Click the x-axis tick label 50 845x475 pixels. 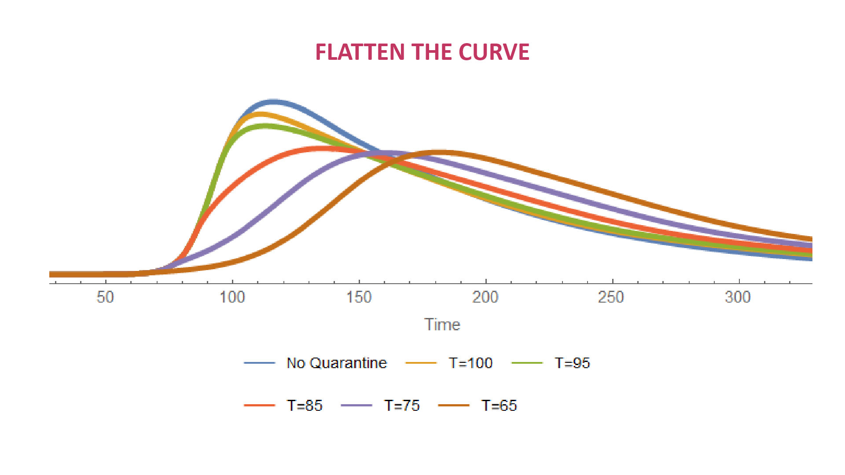(106, 297)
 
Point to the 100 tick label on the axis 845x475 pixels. (232, 297)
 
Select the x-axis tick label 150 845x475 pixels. (359, 297)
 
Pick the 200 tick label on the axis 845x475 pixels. (485, 297)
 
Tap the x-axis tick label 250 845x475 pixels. (611, 297)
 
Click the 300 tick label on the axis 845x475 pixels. (738, 297)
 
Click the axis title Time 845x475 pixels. (442, 325)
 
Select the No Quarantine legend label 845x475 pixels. (337, 363)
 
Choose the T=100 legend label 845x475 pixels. (470, 363)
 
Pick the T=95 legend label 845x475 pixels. (572, 363)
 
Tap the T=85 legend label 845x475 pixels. (305, 405)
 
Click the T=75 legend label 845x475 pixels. (402, 405)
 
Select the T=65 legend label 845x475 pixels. (499, 405)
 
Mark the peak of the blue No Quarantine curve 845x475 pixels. (273, 102)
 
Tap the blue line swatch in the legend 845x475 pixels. (259, 363)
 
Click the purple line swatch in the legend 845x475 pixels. (356, 405)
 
